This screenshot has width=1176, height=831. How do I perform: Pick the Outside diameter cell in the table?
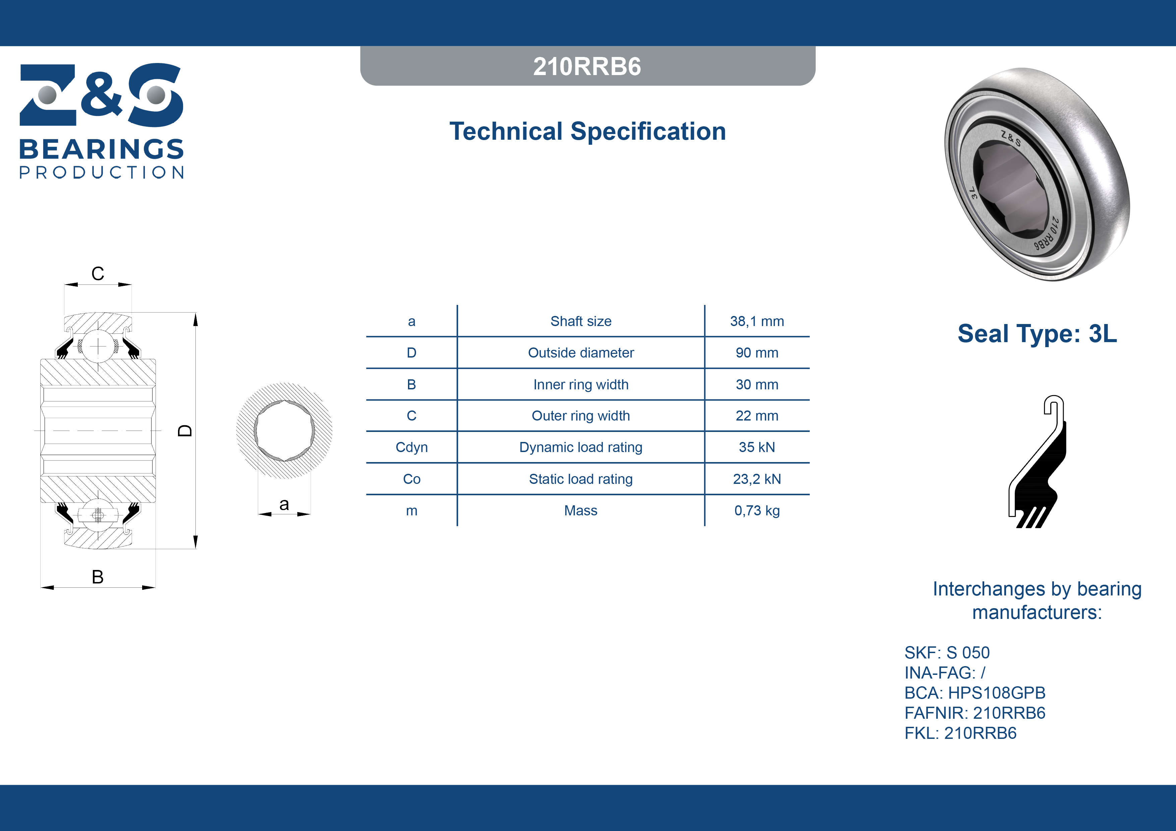pyautogui.click(x=581, y=353)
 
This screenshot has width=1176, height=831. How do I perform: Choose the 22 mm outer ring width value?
pyautogui.click(x=757, y=416)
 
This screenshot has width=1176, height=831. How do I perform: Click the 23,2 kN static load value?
pyautogui.click(x=757, y=479)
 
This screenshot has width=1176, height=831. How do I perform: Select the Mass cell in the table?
pyautogui.click(x=581, y=510)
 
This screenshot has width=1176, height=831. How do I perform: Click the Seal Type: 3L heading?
pyautogui.click(x=1037, y=334)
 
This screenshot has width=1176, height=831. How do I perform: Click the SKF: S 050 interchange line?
pyautogui.click(x=947, y=653)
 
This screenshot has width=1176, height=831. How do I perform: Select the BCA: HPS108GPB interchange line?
pyautogui.click(x=974, y=693)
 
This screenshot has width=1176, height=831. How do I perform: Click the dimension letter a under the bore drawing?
pyautogui.click(x=284, y=505)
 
